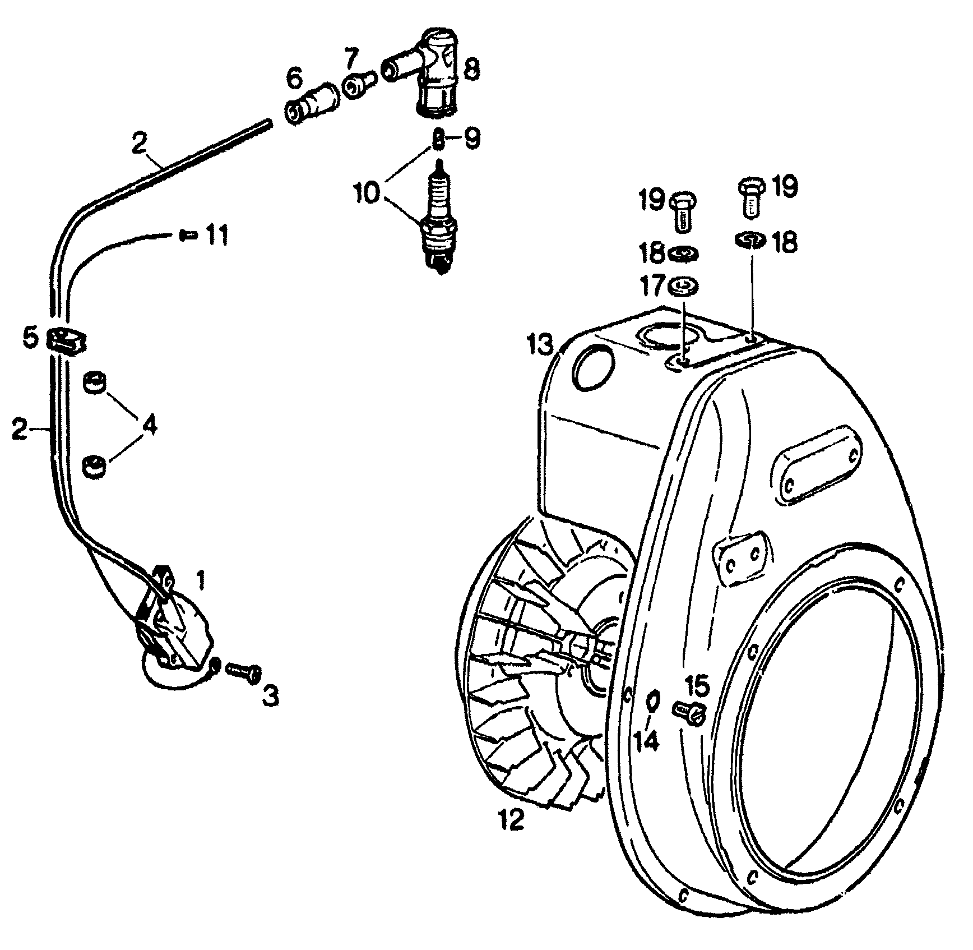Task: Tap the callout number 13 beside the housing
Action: point(541,345)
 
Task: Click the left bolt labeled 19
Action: point(683,210)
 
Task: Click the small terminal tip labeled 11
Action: point(188,236)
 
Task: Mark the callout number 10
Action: point(367,192)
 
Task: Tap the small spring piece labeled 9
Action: point(440,138)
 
